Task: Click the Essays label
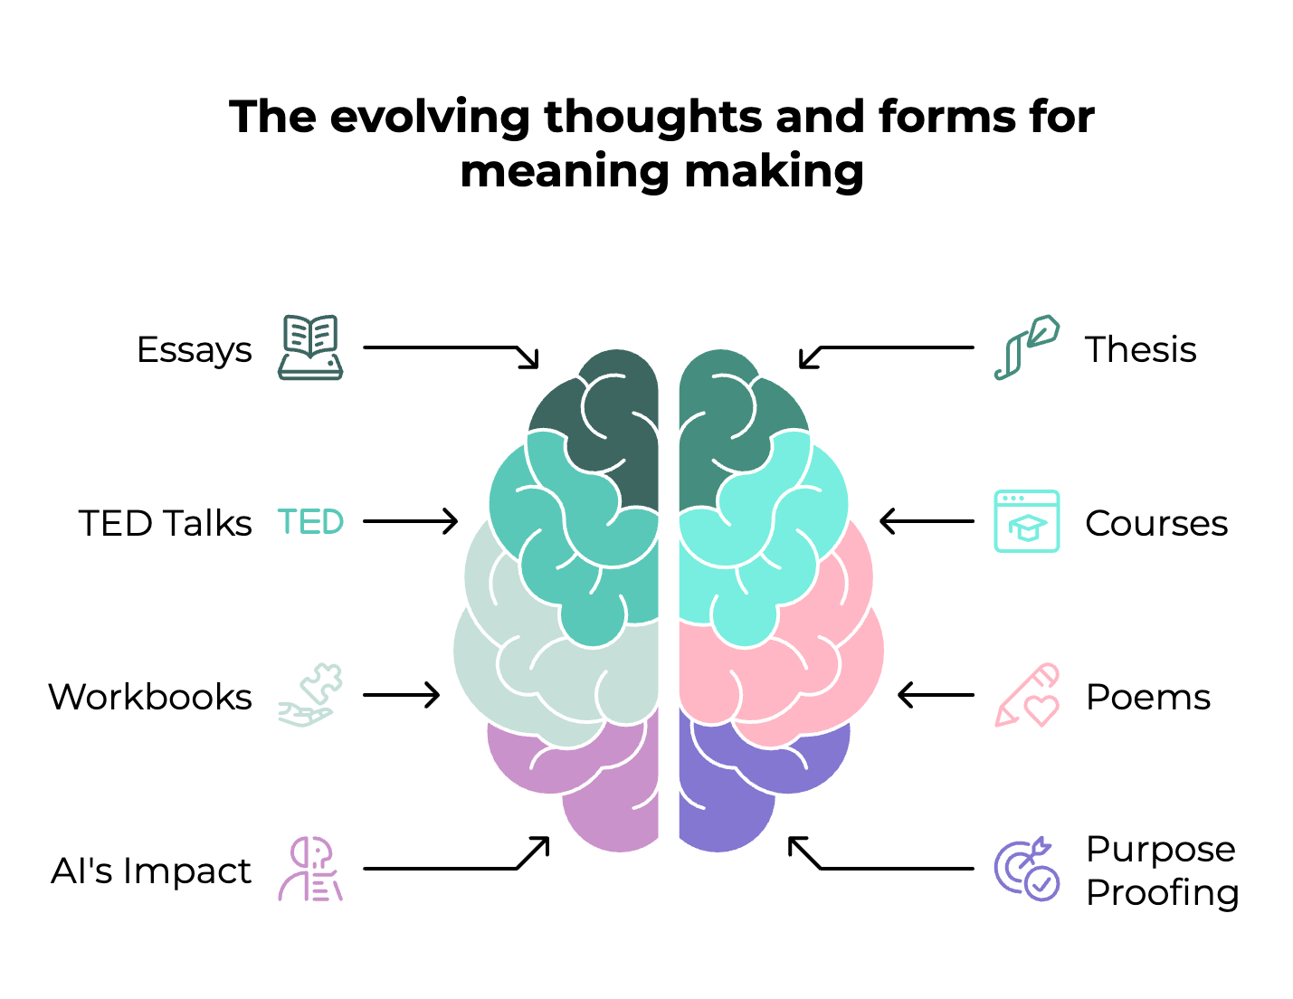point(195,350)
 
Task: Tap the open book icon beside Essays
point(310,347)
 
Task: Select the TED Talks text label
point(166,524)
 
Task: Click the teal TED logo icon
point(310,522)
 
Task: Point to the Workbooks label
point(150,698)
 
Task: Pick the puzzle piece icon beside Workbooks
point(310,695)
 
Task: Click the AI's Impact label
point(151,871)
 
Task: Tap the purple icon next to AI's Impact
point(310,870)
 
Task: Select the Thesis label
point(1140,350)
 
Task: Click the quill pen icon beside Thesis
point(1027,347)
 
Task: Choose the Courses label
point(1156,524)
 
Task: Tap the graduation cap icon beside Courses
point(1027,522)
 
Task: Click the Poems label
point(1147,698)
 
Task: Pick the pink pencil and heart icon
point(1027,695)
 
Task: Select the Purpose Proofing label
point(1162,871)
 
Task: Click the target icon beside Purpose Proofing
point(1027,870)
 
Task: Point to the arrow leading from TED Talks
point(410,521)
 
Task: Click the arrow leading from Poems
point(936,695)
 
